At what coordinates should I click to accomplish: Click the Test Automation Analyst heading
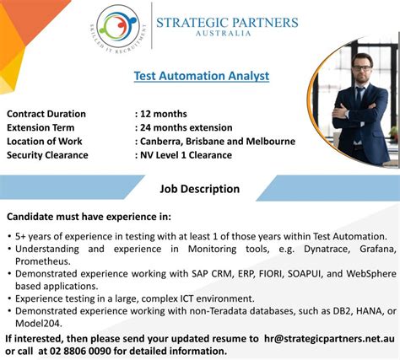tap(202, 76)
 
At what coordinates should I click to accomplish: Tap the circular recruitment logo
tap(122, 28)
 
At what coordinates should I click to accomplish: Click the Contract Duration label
tap(46, 114)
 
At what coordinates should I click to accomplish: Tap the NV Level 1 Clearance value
tap(196, 155)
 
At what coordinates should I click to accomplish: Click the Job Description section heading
tap(200, 189)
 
